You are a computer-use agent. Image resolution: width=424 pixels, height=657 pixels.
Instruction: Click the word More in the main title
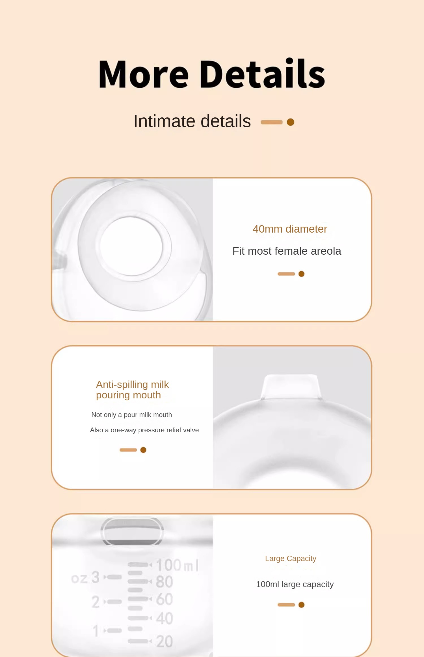tap(143, 74)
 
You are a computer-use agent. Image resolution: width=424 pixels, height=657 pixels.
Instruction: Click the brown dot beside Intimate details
tap(290, 122)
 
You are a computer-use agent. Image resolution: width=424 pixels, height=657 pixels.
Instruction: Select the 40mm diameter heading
tap(290, 229)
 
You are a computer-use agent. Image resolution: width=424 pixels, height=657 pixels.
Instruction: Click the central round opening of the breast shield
tap(131, 246)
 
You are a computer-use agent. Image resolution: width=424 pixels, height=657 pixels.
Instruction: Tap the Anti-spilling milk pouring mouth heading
tap(132, 390)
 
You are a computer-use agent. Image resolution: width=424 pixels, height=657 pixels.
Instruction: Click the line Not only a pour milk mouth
tap(131, 415)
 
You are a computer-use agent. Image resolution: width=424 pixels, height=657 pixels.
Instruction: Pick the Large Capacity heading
tap(291, 559)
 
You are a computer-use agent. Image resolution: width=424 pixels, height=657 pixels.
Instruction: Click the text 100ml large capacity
tap(295, 584)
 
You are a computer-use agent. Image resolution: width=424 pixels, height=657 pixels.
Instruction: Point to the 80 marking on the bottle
tap(164, 582)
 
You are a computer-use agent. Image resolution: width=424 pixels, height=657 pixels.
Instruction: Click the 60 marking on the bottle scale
tap(164, 599)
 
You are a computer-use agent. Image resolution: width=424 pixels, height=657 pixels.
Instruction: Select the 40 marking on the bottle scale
tap(164, 618)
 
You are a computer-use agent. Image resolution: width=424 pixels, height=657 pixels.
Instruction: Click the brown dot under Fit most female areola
tap(301, 274)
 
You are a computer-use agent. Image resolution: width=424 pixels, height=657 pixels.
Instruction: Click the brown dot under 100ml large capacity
tap(301, 605)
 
